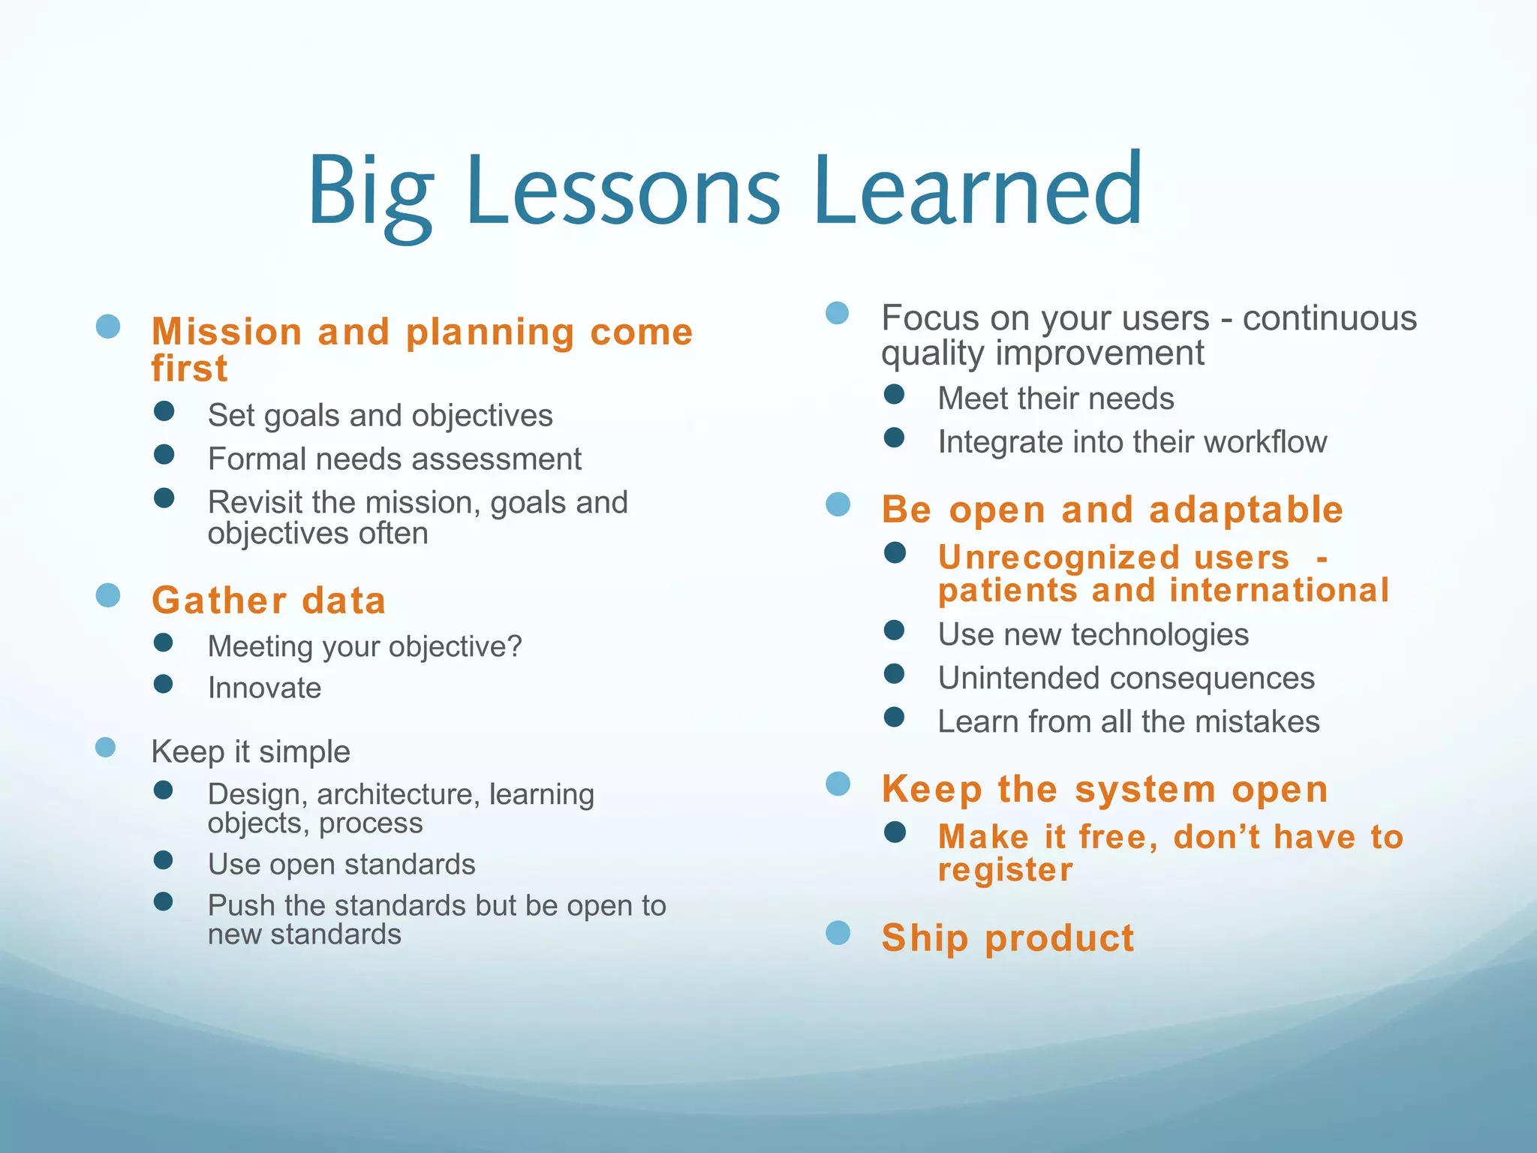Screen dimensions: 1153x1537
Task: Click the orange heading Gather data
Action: (269, 601)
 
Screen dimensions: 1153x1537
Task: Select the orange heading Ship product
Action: (1007, 938)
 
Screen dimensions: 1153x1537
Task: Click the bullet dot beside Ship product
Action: (838, 933)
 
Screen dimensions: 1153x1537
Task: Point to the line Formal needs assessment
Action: (394, 459)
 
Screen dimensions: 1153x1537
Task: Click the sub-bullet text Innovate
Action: (264, 688)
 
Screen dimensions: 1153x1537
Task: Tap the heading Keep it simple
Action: (251, 751)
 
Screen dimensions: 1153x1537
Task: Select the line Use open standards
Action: (341, 864)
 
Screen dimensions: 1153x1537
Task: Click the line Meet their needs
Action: (1055, 399)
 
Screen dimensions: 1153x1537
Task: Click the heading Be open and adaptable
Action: (1112, 510)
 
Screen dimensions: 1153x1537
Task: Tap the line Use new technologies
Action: (1093, 635)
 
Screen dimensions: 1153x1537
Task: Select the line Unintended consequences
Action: (1126, 679)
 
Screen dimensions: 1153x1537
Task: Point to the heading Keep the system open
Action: (1105, 790)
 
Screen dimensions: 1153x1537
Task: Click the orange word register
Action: (1006, 871)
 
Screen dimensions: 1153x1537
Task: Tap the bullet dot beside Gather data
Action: (108, 595)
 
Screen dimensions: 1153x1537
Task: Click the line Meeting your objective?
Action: (365, 646)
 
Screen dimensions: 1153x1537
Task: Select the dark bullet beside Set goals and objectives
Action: (164, 411)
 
